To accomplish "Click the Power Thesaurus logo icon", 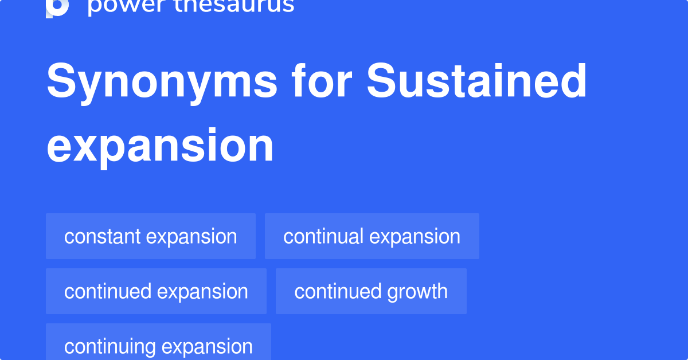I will click(57, 7).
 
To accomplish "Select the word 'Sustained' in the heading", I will click(477, 81).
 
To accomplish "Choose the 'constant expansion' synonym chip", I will click(151, 236).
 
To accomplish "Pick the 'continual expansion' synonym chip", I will click(372, 236).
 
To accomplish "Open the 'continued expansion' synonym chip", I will click(156, 291).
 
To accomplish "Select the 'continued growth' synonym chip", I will click(371, 291).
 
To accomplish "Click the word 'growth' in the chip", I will click(417, 291).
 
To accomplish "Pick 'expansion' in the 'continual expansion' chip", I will click(415, 236).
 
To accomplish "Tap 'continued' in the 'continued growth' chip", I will click(338, 291).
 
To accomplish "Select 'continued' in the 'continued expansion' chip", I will click(108, 291).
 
